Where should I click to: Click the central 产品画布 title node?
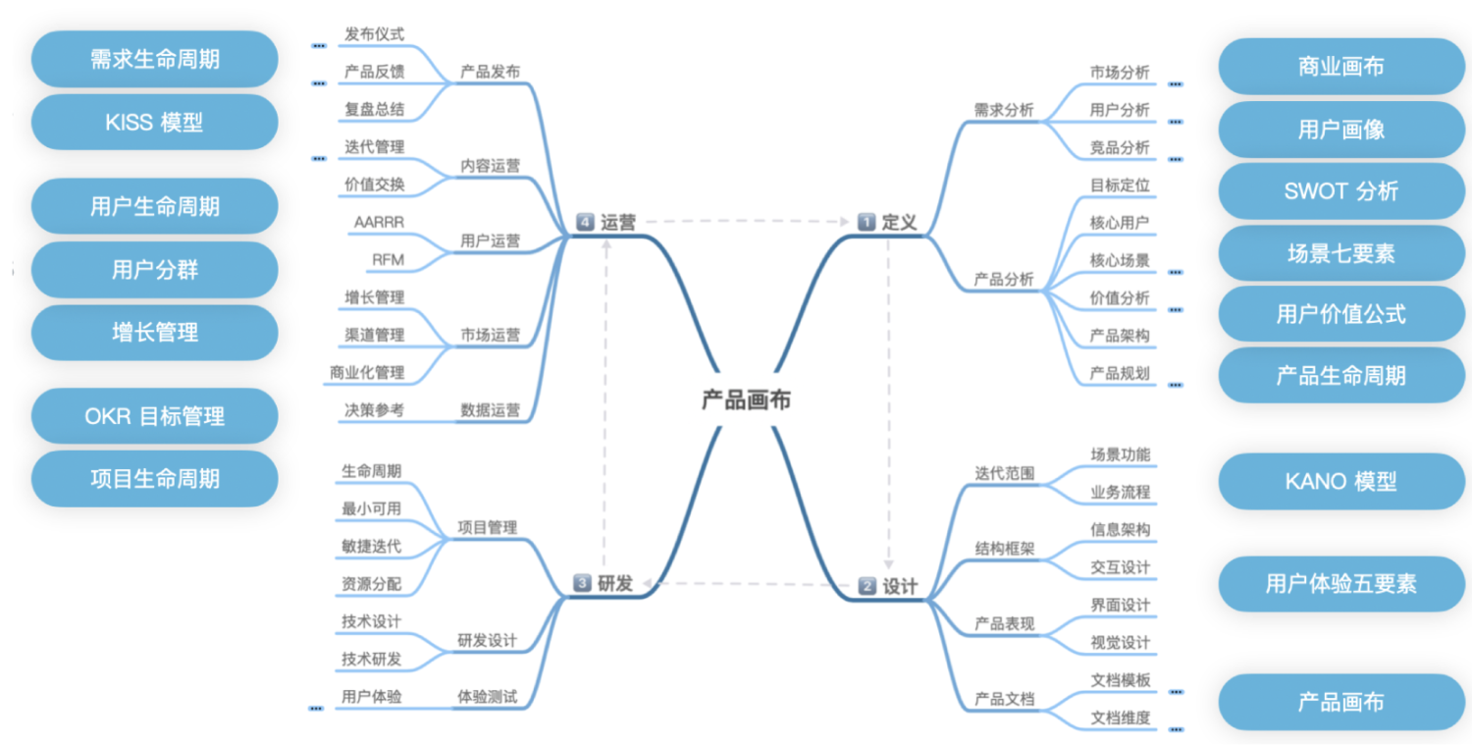point(746,400)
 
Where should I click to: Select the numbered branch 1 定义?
point(888,222)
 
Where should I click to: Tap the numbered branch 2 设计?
point(888,587)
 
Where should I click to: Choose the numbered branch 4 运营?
point(607,223)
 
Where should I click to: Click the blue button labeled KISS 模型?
point(155,123)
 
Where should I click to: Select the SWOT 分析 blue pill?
point(1341,191)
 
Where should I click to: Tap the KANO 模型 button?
point(1341,482)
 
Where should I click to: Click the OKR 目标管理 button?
point(155,416)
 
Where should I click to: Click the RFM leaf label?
point(388,260)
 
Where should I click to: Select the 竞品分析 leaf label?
point(1120,147)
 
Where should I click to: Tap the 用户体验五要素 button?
point(1341,584)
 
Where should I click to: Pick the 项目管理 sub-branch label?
point(487,528)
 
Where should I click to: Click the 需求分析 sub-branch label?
point(1004,110)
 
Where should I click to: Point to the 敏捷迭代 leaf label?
point(372,547)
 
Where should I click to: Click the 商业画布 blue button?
point(1341,67)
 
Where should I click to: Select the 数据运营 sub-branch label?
point(491,410)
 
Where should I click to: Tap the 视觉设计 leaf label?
point(1120,643)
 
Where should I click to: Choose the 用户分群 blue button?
point(155,270)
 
